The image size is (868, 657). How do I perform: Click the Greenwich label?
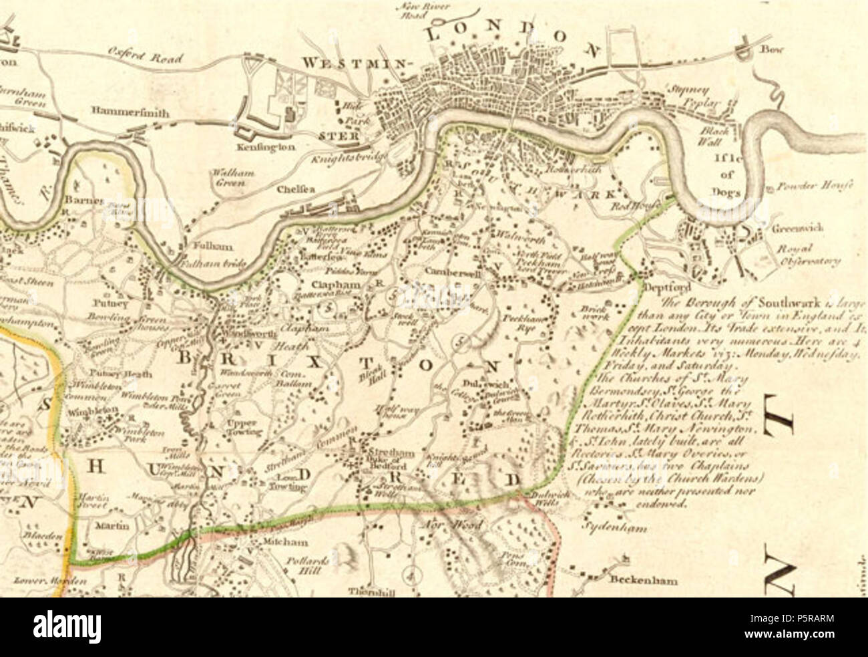pyautogui.click(x=797, y=228)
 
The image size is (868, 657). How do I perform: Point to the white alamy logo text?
pyautogui.click(x=67, y=628)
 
